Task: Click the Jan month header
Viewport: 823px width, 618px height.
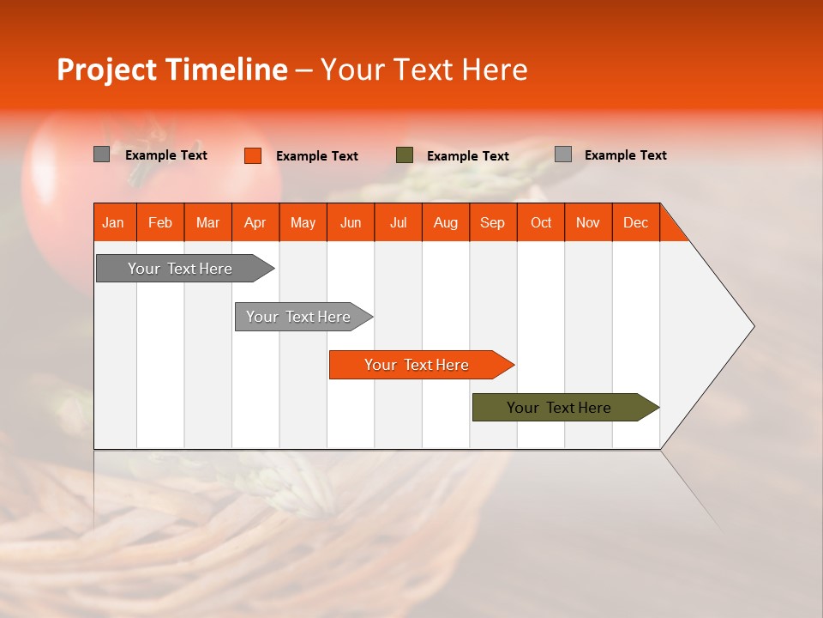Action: pos(113,222)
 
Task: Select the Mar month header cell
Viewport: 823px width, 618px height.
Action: pos(207,222)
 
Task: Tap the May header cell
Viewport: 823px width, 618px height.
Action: pos(303,222)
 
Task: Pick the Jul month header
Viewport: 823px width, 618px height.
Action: pos(398,222)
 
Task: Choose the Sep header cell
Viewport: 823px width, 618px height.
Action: pos(492,222)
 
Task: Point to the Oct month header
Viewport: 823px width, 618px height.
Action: pos(540,222)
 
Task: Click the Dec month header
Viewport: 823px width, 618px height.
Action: pos(635,222)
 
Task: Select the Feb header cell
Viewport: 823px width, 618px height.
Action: pos(160,222)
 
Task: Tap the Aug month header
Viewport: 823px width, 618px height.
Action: pos(445,222)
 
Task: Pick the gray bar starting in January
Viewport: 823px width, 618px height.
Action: pos(181,269)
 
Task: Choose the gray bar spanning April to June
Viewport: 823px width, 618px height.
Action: pos(299,317)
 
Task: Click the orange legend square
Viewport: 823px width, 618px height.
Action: pos(252,155)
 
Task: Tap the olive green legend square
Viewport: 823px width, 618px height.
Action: pos(405,155)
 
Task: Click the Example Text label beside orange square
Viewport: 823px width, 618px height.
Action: pos(316,156)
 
